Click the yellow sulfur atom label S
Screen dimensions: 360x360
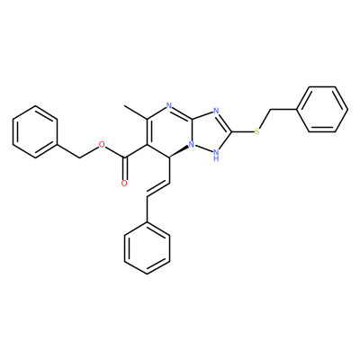pos(257,131)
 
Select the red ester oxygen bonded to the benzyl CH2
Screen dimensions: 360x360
pos(102,145)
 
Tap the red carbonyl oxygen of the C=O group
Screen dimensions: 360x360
pos(124,184)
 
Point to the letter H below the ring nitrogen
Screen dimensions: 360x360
pos(216,158)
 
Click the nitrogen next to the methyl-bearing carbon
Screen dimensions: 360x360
pos(169,106)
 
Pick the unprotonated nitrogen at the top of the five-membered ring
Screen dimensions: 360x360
pos(216,112)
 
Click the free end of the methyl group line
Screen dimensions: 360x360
pos(124,105)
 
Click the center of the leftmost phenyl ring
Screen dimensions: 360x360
pos(35,131)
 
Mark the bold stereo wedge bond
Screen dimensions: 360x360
pos(179,152)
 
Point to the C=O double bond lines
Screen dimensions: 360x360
pos(125,168)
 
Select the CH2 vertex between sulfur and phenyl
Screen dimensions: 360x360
pos(270,110)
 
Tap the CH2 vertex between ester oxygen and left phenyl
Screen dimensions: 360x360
pos(79,157)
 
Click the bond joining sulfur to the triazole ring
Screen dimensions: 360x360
pos(242,131)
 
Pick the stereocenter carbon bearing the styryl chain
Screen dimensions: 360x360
pos(169,157)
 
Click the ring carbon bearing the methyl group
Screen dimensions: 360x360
pos(147,119)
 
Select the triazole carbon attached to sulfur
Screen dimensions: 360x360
pos(230,131)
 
